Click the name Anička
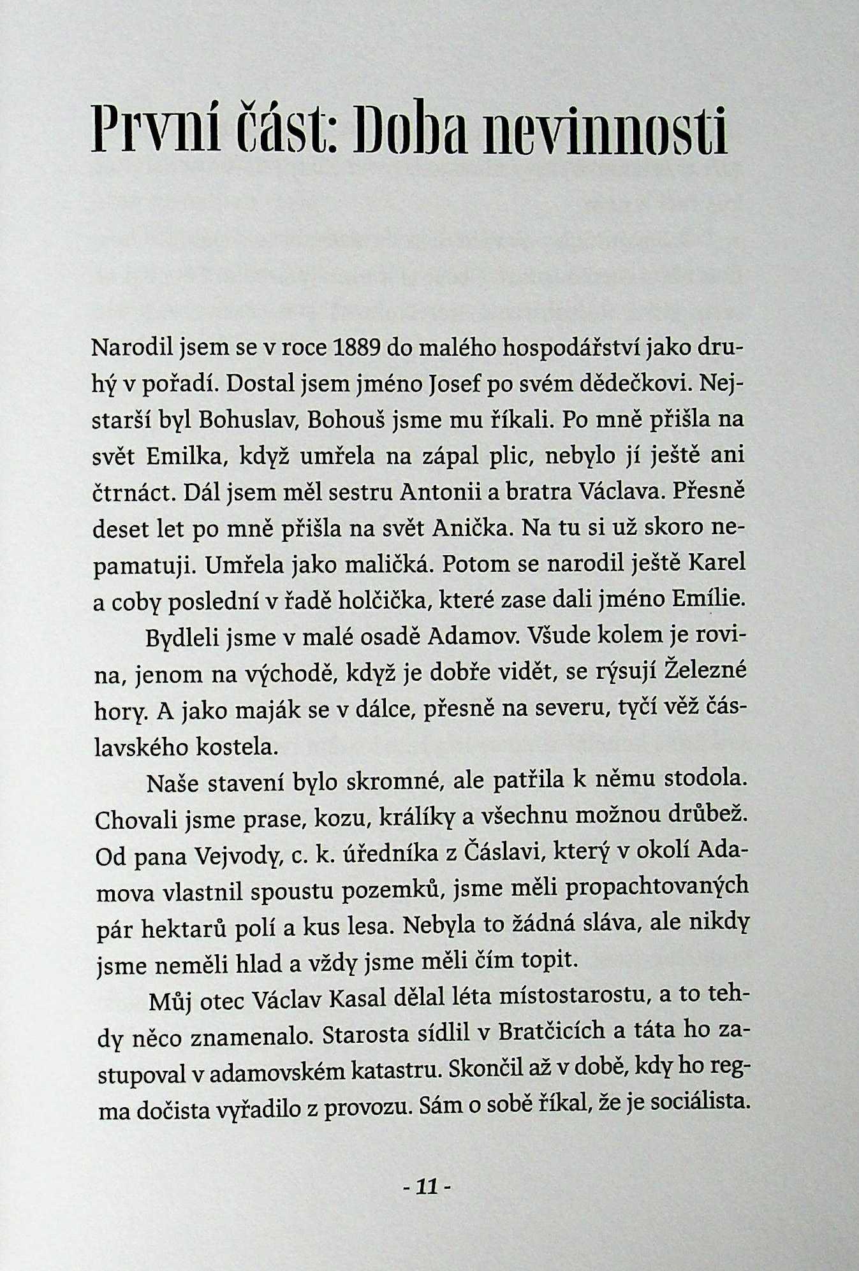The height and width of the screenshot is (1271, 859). pyautogui.click(x=470, y=528)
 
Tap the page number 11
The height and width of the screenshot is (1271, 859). pyautogui.click(x=427, y=1187)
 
